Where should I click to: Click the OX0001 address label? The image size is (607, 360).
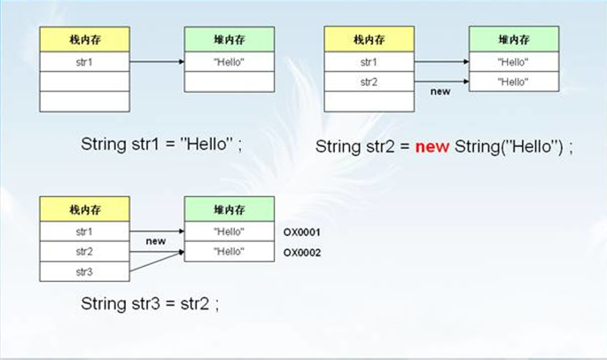(x=301, y=232)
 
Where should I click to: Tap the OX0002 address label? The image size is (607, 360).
(x=302, y=253)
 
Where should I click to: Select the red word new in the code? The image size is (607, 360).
(x=432, y=147)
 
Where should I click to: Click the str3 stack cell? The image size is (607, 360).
(x=84, y=271)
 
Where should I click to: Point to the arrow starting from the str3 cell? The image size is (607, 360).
(x=157, y=262)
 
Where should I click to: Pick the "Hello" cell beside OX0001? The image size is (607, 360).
(x=230, y=231)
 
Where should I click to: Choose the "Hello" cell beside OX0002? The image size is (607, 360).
(x=230, y=252)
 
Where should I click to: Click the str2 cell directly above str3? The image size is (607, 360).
(x=84, y=252)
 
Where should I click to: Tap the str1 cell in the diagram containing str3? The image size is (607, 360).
(x=84, y=231)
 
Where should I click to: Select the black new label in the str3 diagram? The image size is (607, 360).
(x=156, y=241)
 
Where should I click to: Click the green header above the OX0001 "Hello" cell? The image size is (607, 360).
(x=230, y=209)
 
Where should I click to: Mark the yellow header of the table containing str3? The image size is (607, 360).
(x=84, y=209)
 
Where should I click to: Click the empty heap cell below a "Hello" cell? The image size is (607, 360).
(x=230, y=82)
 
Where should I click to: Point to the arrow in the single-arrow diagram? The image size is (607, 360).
(x=157, y=61)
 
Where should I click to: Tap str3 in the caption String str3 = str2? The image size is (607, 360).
(x=145, y=303)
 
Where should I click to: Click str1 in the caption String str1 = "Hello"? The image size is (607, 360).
(x=145, y=145)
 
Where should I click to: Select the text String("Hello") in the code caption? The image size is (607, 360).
(x=509, y=147)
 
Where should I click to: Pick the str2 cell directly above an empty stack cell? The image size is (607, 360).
(x=369, y=82)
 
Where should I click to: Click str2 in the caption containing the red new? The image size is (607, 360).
(x=380, y=147)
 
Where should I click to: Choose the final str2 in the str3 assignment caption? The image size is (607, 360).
(x=195, y=303)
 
